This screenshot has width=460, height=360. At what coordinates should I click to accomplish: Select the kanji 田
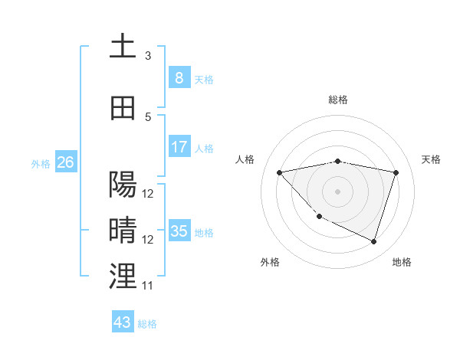coord(123,109)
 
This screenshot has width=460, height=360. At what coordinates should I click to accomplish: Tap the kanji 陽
coord(123,185)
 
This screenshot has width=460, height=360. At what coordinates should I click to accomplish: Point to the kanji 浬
coord(123,277)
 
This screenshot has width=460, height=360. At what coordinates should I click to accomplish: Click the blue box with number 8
coord(179,78)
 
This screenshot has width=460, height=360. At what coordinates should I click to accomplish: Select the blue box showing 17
coord(179,147)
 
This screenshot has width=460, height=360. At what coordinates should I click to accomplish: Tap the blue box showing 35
coord(179,231)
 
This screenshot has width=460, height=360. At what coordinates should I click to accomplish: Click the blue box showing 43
coord(123,322)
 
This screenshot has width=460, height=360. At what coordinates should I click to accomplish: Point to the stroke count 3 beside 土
coord(148,56)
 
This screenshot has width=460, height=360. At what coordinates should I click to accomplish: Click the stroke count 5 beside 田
coord(148,117)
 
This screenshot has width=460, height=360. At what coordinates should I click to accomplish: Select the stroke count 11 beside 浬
coord(148,286)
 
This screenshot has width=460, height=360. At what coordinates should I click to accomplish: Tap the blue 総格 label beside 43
coord(147,324)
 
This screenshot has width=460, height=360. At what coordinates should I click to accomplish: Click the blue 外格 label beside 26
coord(41,164)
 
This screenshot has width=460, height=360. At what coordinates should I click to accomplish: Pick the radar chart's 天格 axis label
coord(432,159)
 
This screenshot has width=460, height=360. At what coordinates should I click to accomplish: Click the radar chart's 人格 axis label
coord(245,159)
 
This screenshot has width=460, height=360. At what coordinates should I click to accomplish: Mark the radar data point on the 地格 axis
coord(373,241)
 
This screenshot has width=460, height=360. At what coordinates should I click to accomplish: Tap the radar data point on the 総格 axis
coord(338,161)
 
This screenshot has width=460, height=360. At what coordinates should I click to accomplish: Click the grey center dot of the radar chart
coord(338,191)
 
